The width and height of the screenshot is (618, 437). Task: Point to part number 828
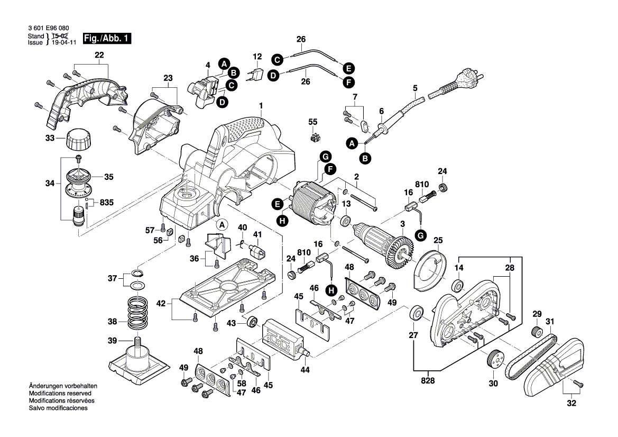click(x=428, y=380)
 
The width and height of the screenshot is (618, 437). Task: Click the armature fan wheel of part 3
click(x=402, y=249)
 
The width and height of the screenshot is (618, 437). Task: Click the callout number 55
click(x=313, y=122)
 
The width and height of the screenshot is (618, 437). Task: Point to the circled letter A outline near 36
click(x=223, y=224)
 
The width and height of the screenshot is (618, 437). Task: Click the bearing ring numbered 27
click(x=416, y=314)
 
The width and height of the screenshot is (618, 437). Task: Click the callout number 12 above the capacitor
click(x=257, y=56)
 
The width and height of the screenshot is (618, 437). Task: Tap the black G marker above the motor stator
click(x=326, y=157)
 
